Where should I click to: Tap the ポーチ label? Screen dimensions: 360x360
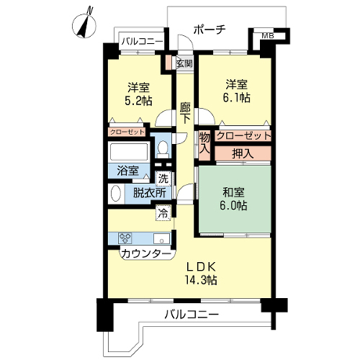click(x=210, y=30)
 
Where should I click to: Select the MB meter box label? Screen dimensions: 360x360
click(x=268, y=36)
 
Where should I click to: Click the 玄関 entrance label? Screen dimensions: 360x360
click(x=184, y=63)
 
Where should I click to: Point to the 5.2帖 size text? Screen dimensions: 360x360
click(x=138, y=101)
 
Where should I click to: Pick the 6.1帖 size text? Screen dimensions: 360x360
click(x=237, y=98)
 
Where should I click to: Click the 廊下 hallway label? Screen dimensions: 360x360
click(x=185, y=113)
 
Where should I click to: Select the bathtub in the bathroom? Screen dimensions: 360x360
click(x=129, y=152)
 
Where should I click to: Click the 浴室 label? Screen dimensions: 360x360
click(x=127, y=171)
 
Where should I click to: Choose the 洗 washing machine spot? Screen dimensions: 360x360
click(x=163, y=179)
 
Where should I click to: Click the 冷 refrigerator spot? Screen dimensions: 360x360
click(x=163, y=213)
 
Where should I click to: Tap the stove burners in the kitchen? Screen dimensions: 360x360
click(x=125, y=238)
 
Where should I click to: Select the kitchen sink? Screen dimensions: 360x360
click(x=161, y=239)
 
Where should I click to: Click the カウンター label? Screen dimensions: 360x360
click(x=146, y=254)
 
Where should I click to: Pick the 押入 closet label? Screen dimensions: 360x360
click(x=243, y=153)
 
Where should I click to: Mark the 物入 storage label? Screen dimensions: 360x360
click(x=204, y=143)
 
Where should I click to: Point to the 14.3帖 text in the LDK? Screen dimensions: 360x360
click(x=201, y=279)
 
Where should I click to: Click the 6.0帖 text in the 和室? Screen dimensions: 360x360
click(x=234, y=205)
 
